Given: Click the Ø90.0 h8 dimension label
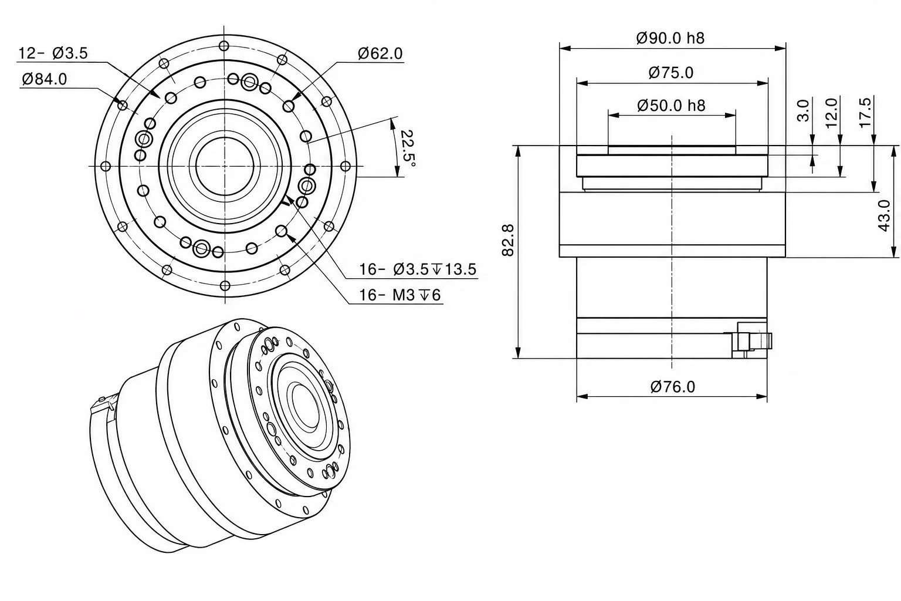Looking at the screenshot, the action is click(670, 38).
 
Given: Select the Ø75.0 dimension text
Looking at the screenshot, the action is click(671, 73).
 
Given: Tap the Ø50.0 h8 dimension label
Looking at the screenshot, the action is click(671, 106).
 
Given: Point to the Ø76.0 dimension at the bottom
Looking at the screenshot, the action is click(673, 387).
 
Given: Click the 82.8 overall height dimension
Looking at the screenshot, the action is click(508, 240).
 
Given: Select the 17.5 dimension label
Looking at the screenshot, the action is click(865, 113).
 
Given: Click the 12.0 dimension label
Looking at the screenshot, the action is click(831, 113).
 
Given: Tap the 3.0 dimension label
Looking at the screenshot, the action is click(803, 111).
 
